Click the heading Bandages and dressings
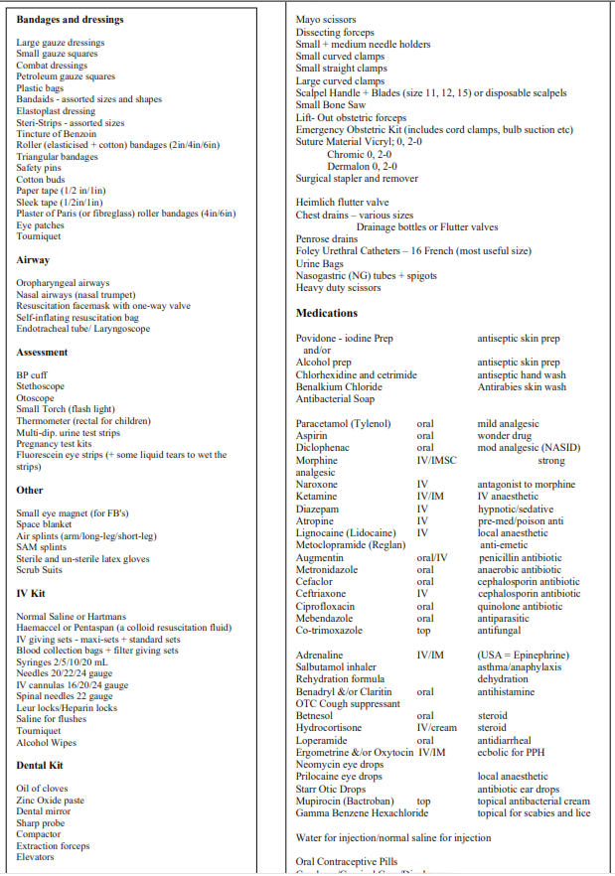tap(70, 20)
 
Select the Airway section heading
tap(33, 260)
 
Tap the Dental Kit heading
tap(40, 766)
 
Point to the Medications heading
tap(327, 314)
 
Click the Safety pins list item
tap(39, 168)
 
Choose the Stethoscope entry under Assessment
tap(41, 386)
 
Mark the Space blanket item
tap(44, 524)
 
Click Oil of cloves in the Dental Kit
tap(42, 789)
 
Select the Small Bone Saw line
tap(331, 105)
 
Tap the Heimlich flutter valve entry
tap(343, 203)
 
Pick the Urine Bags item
tap(319, 263)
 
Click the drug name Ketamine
tap(316, 497)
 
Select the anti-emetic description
tap(505, 545)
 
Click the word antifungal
tap(498, 631)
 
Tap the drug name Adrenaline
tap(319, 656)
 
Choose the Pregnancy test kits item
tap(54, 444)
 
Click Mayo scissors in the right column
tap(326, 20)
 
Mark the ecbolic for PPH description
tap(512, 753)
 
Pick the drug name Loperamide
tap(321, 741)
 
